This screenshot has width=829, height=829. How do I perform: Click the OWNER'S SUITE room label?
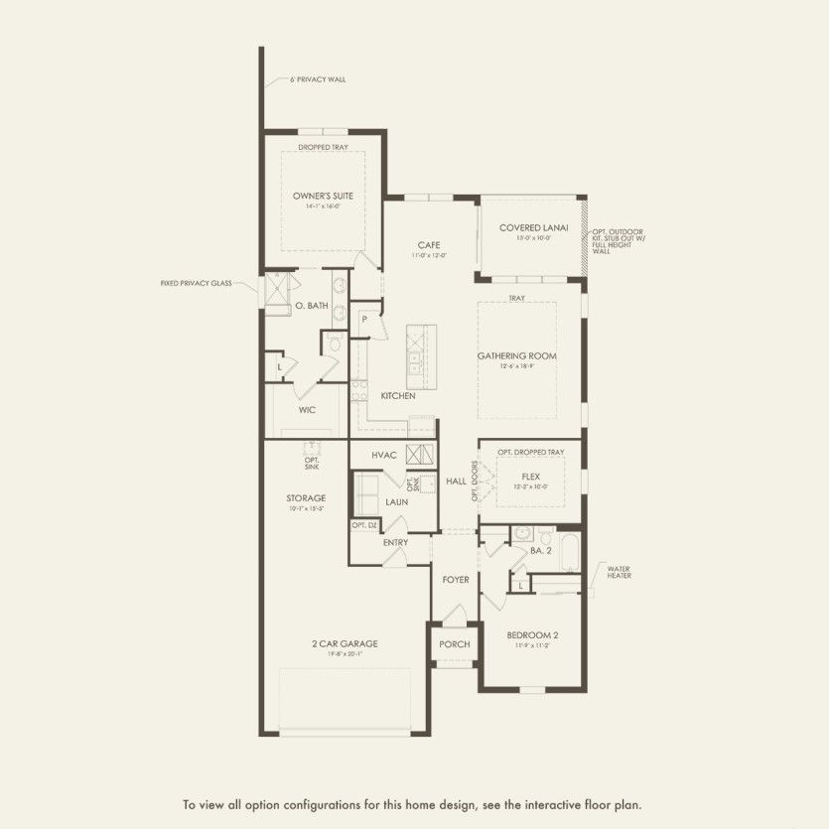click(x=323, y=196)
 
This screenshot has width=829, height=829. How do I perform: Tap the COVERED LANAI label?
click(x=533, y=227)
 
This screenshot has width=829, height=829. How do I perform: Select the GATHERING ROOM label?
click(x=516, y=355)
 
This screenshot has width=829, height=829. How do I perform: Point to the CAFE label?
click(x=428, y=245)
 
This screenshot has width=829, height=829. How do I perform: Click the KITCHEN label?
click(x=398, y=396)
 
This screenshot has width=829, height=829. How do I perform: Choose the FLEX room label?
click(x=531, y=477)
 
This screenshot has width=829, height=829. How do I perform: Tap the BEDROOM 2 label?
click(x=533, y=635)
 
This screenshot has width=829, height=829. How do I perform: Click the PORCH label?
click(x=455, y=644)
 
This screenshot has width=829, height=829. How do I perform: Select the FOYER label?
click(x=456, y=579)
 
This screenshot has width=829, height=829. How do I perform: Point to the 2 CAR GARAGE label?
click(x=345, y=643)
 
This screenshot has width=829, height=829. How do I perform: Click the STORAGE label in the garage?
click(x=307, y=498)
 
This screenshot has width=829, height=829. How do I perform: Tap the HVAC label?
click(x=384, y=455)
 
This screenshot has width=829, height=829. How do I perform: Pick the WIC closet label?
click(x=307, y=409)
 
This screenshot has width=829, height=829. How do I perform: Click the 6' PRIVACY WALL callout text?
click(x=318, y=79)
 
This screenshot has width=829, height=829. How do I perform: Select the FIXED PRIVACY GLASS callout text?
click(x=196, y=283)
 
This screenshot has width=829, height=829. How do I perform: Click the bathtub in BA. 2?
click(x=570, y=551)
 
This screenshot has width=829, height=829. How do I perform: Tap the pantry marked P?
click(x=365, y=320)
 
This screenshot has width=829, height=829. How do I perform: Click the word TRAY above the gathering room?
click(x=516, y=298)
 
